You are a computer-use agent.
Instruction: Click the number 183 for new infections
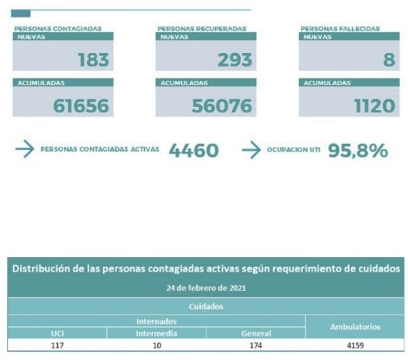click(x=93, y=59)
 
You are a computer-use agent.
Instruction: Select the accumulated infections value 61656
click(x=81, y=105)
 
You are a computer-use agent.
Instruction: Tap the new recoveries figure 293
click(x=235, y=59)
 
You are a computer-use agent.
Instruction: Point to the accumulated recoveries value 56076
click(x=222, y=105)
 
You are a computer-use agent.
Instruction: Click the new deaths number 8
click(x=389, y=59)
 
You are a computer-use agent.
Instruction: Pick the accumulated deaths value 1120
click(x=374, y=105)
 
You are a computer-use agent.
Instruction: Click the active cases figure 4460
click(x=194, y=150)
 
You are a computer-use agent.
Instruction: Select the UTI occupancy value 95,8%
click(x=358, y=150)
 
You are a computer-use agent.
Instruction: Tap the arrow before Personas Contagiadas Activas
click(x=25, y=149)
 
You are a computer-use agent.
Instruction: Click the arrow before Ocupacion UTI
click(x=251, y=149)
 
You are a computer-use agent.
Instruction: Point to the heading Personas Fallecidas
click(x=340, y=29)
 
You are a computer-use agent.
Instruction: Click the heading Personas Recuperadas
click(x=202, y=29)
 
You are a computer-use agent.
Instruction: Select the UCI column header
click(x=57, y=333)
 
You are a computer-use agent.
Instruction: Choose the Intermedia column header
click(x=157, y=333)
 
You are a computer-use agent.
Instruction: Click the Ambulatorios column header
click(x=355, y=327)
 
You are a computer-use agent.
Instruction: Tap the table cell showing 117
click(x=57, y=346)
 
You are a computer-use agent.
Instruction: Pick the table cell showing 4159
click(x=355, y=346)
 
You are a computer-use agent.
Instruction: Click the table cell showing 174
click(x=255, y=346)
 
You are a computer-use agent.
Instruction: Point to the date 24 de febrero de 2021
click(x=206, y=288)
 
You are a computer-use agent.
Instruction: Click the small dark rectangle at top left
click(x=21, y=14)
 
